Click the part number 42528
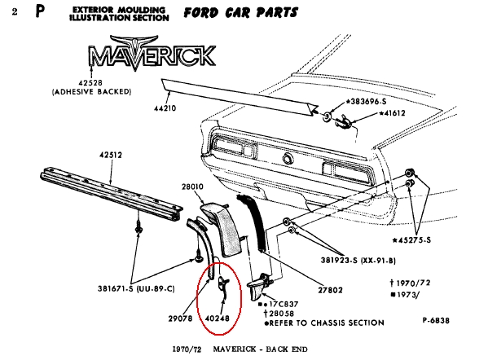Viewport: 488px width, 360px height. tap(90, 83)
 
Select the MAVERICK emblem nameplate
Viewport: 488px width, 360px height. tap(152, 54)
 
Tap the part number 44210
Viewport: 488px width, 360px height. tap(165, 108)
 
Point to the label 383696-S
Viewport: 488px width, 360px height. tap(367, 102)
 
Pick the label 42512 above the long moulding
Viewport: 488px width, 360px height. tap(111, 155)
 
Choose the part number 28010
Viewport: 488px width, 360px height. tap(192, 187)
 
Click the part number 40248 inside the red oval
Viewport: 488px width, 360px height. tap(218, 318)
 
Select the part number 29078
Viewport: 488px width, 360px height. tap(181, 318)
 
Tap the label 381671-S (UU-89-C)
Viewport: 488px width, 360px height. tap(136, 289)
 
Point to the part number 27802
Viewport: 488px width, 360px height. tap(330, 290)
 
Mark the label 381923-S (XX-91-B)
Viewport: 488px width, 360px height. tap(358, 260)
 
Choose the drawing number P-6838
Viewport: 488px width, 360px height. tap(436, 320)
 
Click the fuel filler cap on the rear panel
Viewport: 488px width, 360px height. tap(288, 159)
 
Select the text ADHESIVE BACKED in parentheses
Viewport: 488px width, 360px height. tap(91, 92)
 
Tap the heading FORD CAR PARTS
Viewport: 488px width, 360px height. tap(240, 13)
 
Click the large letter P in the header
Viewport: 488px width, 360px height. tap(40, 11)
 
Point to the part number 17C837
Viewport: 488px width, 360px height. tap(284, 304)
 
